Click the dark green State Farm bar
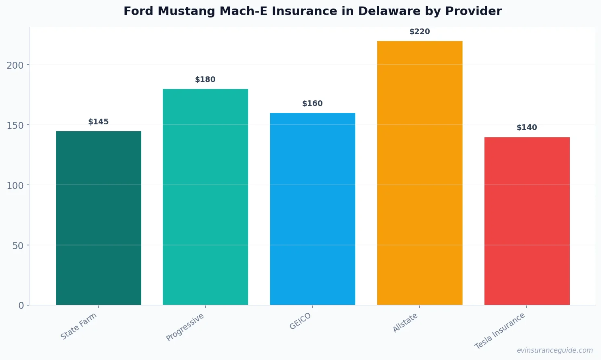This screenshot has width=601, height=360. pos(99,218)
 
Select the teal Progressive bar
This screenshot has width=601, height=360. pos(205,197)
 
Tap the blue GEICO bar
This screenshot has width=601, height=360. pos(313,209)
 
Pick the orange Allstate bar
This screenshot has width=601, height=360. pos(419,173)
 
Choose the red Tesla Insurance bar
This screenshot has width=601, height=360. pos(527,221)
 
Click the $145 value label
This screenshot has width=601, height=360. pos(99,122)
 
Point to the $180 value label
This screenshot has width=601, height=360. pos(205,80)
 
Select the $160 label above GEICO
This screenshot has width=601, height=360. pos(313,104)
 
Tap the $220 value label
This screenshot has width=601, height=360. pos(419,32)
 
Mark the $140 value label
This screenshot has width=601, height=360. pos(527,128)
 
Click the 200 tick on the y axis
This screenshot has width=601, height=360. pos(15,65)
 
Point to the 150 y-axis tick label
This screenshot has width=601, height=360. pos(15,125)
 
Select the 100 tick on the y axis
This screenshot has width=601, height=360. pos(15,185)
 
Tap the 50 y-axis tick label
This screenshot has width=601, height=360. pos(17,245)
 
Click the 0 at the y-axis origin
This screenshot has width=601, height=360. pos(21,306)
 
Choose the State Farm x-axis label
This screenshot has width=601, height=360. pos(79,326)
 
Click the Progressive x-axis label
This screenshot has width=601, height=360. pos(185,327)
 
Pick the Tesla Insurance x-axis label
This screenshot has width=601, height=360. pos(500,331)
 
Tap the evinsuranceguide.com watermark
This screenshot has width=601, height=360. pos(555,350)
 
